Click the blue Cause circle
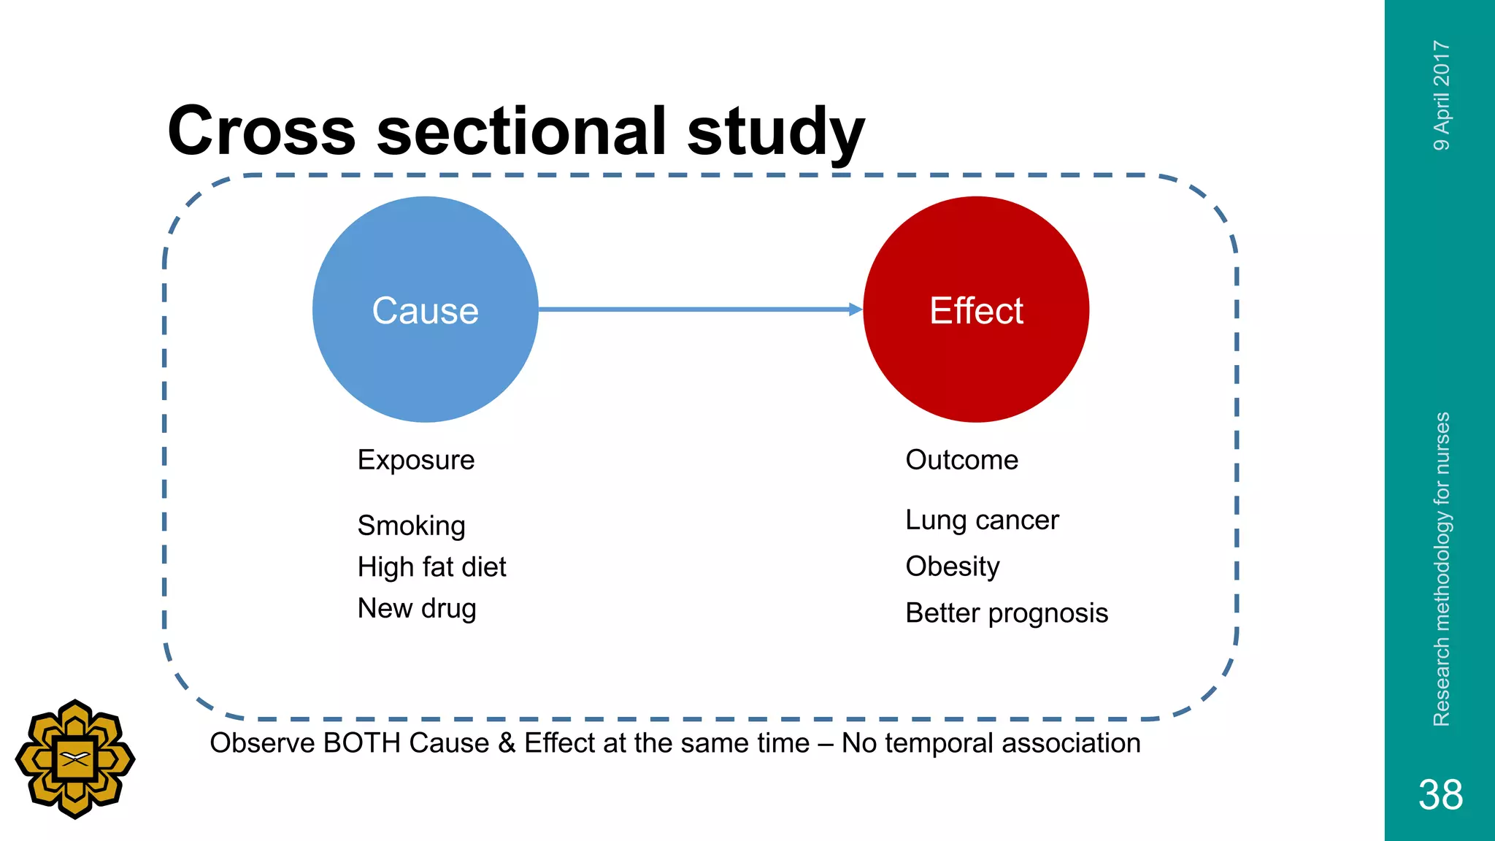(x=425, y=310)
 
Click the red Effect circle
(x=976, y=310)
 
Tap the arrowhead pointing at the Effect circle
(x=856, y=310)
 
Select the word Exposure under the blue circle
(x=415, y=460)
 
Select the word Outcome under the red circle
(x=961, y=460)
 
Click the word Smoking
(x=411, y=526)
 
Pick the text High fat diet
(x=431, y=567)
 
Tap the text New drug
(x=416, y=608)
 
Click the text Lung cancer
(x=981, y=521)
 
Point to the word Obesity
(x=952, y=567)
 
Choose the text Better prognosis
(x=1006, y=613)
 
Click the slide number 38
(x=1440, y=794)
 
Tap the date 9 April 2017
(x=1442, y=96)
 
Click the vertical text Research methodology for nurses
(x=1442, y=569)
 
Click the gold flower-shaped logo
(x=75, y=759)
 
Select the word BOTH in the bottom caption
(x=362, y=743)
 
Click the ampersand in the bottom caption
(x=507, y=743)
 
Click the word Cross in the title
(x=261, y=131)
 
